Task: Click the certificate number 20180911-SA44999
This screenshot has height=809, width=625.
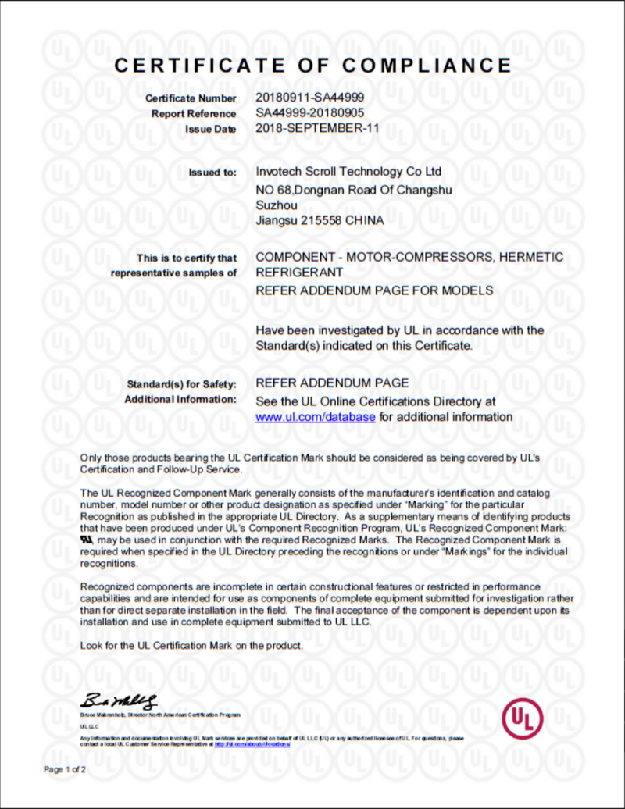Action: click(x=310, y=98)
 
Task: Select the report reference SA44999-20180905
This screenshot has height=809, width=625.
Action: click(x=310, y=113)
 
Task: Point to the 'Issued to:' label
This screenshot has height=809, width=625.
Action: click(x=212, y=172)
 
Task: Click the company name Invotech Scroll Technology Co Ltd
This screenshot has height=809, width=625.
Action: click(x=349, y=171)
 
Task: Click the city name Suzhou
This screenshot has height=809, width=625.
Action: click(x=277, y=205)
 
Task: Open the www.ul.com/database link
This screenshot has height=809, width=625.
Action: click(x=316, y=417)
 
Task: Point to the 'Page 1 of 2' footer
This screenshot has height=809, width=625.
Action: click(x=65, y=769)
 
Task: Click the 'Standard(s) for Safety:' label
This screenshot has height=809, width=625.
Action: click(x=181, y=384)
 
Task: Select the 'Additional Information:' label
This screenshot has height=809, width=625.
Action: click(x=180, y=400)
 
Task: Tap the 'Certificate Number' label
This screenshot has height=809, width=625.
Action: click(x=191, y=98)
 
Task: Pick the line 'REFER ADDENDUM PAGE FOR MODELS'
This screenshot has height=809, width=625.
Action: click(x=375, y=290)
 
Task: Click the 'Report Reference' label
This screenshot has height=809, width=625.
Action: click(x=194, y=114)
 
